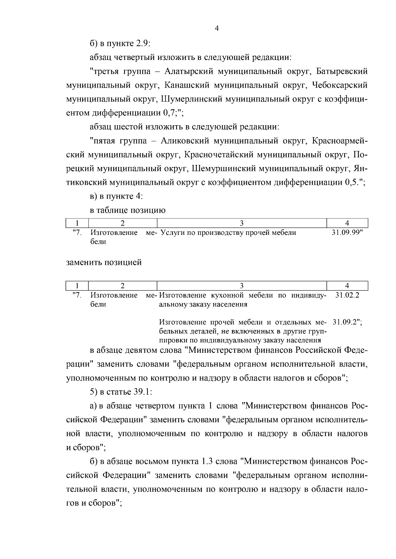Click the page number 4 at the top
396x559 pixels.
(x=217, y=28)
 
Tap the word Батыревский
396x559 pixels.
(x=342, y=71)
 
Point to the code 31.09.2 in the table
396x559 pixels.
(x=346, y=322)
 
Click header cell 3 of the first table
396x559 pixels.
(x=242, y=223)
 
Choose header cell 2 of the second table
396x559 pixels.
(x=122, y=286)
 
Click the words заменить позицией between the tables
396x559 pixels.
(x=104, y=263)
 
